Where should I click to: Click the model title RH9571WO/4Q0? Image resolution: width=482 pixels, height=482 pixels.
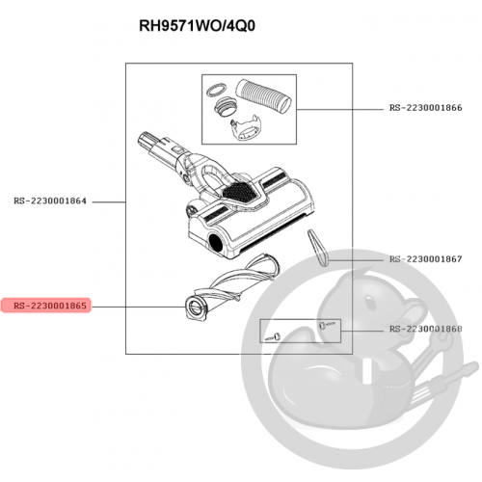click(197, 26)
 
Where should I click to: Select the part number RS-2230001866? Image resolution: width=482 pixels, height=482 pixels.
click(426, 108)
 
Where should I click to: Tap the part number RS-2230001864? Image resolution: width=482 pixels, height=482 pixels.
click(50, 201)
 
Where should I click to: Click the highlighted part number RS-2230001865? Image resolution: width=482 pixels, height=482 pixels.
click(50, 306)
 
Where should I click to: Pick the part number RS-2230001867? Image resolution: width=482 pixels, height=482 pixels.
click(426, 259)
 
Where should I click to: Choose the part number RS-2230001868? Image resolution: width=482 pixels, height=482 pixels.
click(426, 329)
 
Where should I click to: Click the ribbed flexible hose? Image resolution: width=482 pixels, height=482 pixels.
click(263, 96)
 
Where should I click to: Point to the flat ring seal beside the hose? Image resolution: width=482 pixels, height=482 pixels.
click(216, 90)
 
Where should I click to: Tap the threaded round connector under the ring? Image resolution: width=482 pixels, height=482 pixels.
click(225, 108)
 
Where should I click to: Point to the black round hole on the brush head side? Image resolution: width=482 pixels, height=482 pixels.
click(216, 242)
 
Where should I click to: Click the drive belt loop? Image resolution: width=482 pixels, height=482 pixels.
click(317, 248)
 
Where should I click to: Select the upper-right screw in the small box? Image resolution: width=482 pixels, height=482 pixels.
click(327, 325)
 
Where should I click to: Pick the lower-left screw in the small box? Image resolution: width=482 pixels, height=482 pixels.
click(273, 337)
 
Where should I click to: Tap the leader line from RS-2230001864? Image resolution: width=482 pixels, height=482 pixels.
click(109, 202)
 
